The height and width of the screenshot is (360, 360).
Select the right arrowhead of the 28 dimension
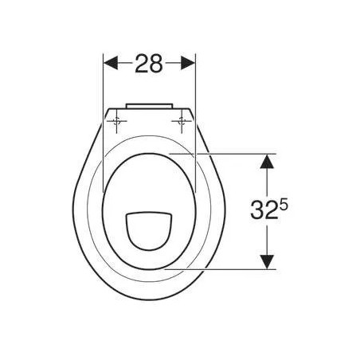[x=189, y=62]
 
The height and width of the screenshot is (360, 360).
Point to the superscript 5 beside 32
[x=282, y=204]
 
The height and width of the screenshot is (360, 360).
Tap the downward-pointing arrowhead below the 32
[x=267, y=261]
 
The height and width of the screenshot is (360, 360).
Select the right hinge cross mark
[x=182, y=122]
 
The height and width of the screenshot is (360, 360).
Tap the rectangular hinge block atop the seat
[x=150, y=104]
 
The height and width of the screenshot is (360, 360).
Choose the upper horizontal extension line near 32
[x=231, y=153]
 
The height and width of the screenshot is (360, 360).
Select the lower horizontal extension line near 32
[x=231, y=269]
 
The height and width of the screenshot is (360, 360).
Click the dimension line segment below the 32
[x=267, y=243]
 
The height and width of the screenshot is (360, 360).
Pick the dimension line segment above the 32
[x=267, y=179]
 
